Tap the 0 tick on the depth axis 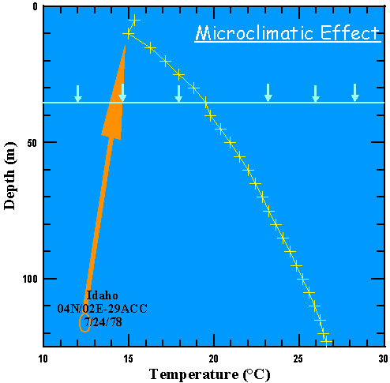click(x=33, y=7)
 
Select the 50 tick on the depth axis click(x=31, y=142)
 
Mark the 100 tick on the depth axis click(x=28, y=279)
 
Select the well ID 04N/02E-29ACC click(x=103, y=308)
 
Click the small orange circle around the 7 click(x=84, y=322)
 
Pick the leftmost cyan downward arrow click(x=77, y=93)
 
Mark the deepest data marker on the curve click(x=324, y=340)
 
